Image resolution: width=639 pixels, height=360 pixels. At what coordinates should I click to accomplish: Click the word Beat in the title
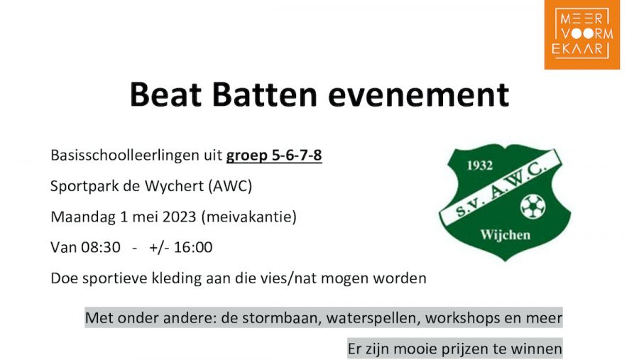[165, 94]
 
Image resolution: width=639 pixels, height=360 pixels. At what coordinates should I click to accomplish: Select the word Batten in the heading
[265, 94]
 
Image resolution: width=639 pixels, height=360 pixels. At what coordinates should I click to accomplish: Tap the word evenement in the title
[418, 95]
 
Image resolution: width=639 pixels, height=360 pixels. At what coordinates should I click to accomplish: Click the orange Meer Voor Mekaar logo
[582, 34]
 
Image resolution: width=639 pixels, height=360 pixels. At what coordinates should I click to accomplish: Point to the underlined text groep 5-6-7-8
[274, 156]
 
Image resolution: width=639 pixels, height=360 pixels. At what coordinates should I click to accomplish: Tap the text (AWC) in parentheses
[230, 186]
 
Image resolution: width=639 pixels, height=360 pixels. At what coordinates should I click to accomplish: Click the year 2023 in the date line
[180, 217]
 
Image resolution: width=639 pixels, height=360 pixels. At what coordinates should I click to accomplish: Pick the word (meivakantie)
[249, 217]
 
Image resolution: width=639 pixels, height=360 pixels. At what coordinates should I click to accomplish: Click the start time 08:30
[101, 248]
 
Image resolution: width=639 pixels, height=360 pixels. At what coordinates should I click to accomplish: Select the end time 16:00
[193, 248]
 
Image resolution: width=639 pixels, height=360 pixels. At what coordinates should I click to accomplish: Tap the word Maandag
[83, 217]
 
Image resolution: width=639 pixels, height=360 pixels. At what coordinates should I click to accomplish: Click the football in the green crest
[533, 207]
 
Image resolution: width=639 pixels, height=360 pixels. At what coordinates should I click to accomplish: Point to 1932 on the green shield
[480, 165]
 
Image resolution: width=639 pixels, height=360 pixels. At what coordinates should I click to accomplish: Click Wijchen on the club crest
[506, 235]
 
